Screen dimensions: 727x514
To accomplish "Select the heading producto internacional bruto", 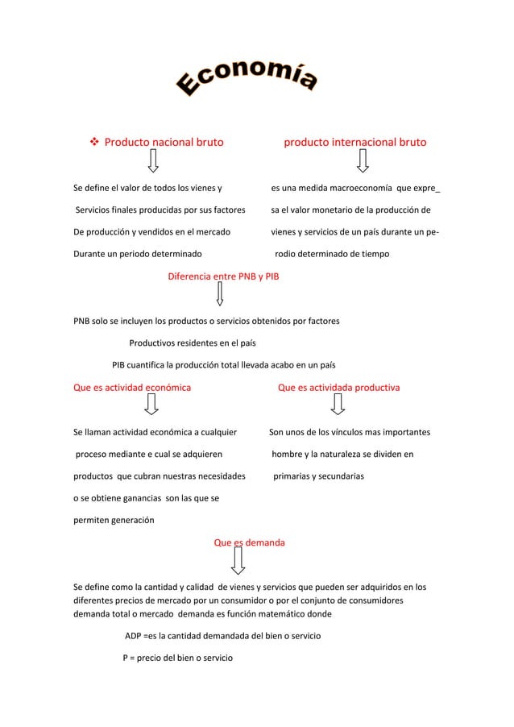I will (x=354, y=143).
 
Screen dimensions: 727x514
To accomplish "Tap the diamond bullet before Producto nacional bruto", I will (x=93, y=143).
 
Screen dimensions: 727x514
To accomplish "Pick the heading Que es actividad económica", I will (x=132, y=388).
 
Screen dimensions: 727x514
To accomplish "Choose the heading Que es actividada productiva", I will (x=338, y=388).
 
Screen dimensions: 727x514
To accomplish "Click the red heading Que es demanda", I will (x=248, y=542).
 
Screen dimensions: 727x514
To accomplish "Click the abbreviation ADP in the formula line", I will (x=133, y=636).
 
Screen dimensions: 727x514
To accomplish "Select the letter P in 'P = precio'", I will (x=126, y=658).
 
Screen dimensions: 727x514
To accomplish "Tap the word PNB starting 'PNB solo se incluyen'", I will (x=83, y=321).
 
